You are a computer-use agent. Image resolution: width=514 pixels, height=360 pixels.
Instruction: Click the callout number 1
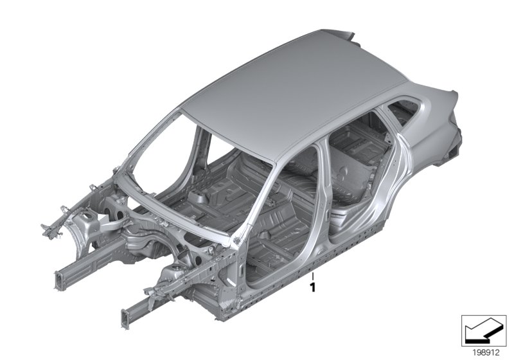(312, 288)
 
